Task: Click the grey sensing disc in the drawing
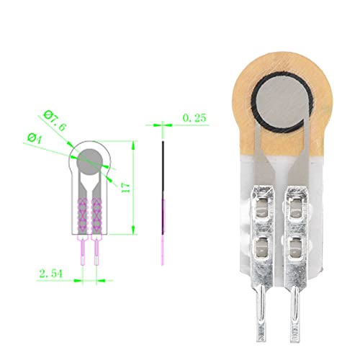[x=89, y=160]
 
